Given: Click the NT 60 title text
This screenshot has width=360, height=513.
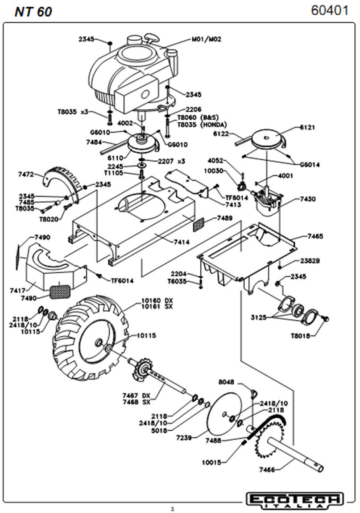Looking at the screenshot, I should [33, 12].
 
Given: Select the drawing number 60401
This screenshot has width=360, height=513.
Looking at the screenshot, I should [330, 11].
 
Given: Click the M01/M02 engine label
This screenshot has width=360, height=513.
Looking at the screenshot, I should [207, 39].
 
